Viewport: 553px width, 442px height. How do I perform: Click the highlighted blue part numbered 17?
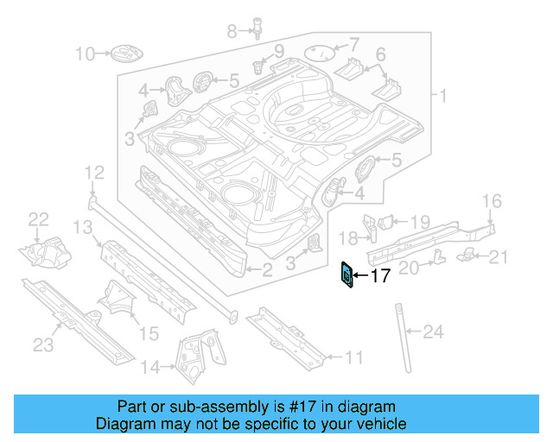(346, 276)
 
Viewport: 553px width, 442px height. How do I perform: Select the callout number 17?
(380, 277)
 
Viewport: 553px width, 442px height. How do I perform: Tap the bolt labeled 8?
(256, 28)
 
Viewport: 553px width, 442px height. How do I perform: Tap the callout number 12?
(93, 175)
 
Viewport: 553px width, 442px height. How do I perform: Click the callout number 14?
(150, 369)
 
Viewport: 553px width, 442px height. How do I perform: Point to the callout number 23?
(43, 345)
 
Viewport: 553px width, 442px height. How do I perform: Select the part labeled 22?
(43, 250)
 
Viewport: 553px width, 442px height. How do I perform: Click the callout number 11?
(355, 357)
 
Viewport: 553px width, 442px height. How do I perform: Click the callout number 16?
(491, 201)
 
